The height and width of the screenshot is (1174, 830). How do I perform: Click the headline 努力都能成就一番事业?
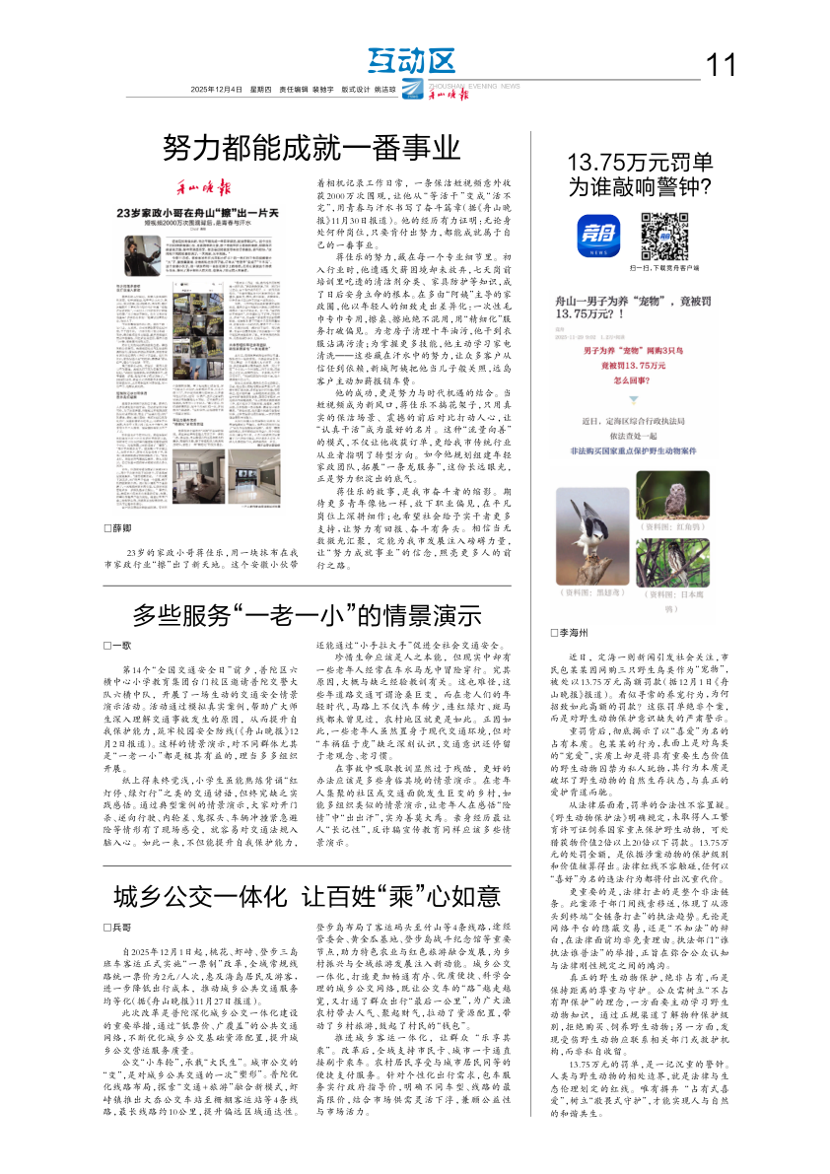click(x=311, y=148)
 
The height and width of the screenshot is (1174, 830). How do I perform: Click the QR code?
click(x=664, y=236)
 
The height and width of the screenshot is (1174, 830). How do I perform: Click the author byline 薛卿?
click(x=118, y=529)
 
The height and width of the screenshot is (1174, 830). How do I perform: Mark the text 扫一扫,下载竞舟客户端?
click(x=663, y=267)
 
